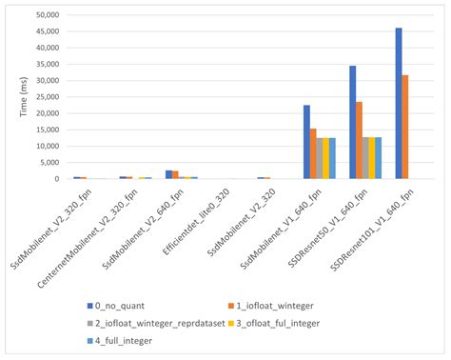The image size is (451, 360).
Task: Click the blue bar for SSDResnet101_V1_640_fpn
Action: click(x=399, y=104)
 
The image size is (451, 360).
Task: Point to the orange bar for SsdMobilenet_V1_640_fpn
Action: click(x=313, y=153)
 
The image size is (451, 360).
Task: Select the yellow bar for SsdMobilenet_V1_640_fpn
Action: click(x=325, y=158)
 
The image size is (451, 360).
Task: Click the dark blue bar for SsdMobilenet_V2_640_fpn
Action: click(x=168, y=174)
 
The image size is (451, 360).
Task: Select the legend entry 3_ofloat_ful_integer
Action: click(x=289, y=323)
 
